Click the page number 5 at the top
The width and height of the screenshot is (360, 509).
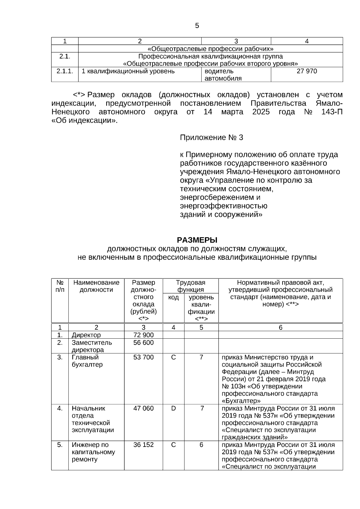click(197, 26)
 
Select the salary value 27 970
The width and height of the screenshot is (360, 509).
click(307, 71)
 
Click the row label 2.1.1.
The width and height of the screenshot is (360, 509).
click(65, 71)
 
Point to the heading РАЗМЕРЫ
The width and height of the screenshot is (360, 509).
click(197, 240)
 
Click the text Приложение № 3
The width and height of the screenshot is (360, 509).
click(211, 138)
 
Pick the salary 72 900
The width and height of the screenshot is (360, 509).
click(143, 335)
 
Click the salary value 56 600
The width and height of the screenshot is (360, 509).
click(143, 343)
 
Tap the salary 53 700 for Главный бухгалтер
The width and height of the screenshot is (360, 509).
click(143, 357)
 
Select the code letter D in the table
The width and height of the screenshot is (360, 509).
click(173, 408)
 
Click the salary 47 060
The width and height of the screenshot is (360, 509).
click(143, 408)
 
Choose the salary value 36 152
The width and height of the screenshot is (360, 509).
click(143, 445)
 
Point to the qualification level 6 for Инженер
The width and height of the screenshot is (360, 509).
click(201, 445)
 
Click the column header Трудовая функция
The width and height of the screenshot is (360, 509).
click(190, 286)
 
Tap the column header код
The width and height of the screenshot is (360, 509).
click(173, 297)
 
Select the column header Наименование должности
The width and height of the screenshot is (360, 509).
click(96, 286)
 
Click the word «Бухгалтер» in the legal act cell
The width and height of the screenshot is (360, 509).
click(241, 401)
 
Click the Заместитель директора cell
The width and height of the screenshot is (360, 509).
click(91, 346)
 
